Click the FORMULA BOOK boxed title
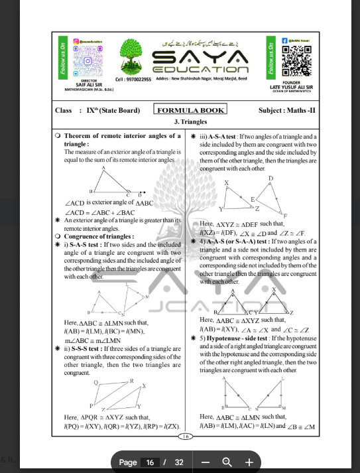190,109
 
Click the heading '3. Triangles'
190,122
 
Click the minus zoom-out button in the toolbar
206,462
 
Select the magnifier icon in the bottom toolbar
227,462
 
